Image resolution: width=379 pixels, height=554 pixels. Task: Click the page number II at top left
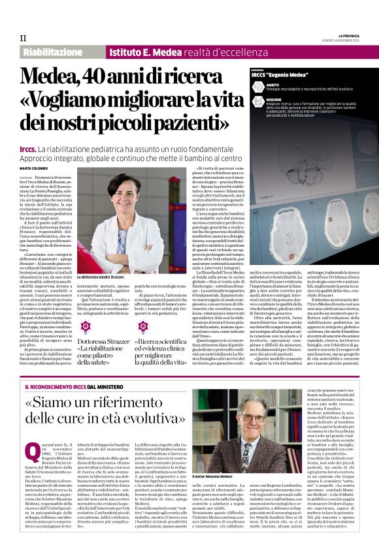[23, 38]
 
